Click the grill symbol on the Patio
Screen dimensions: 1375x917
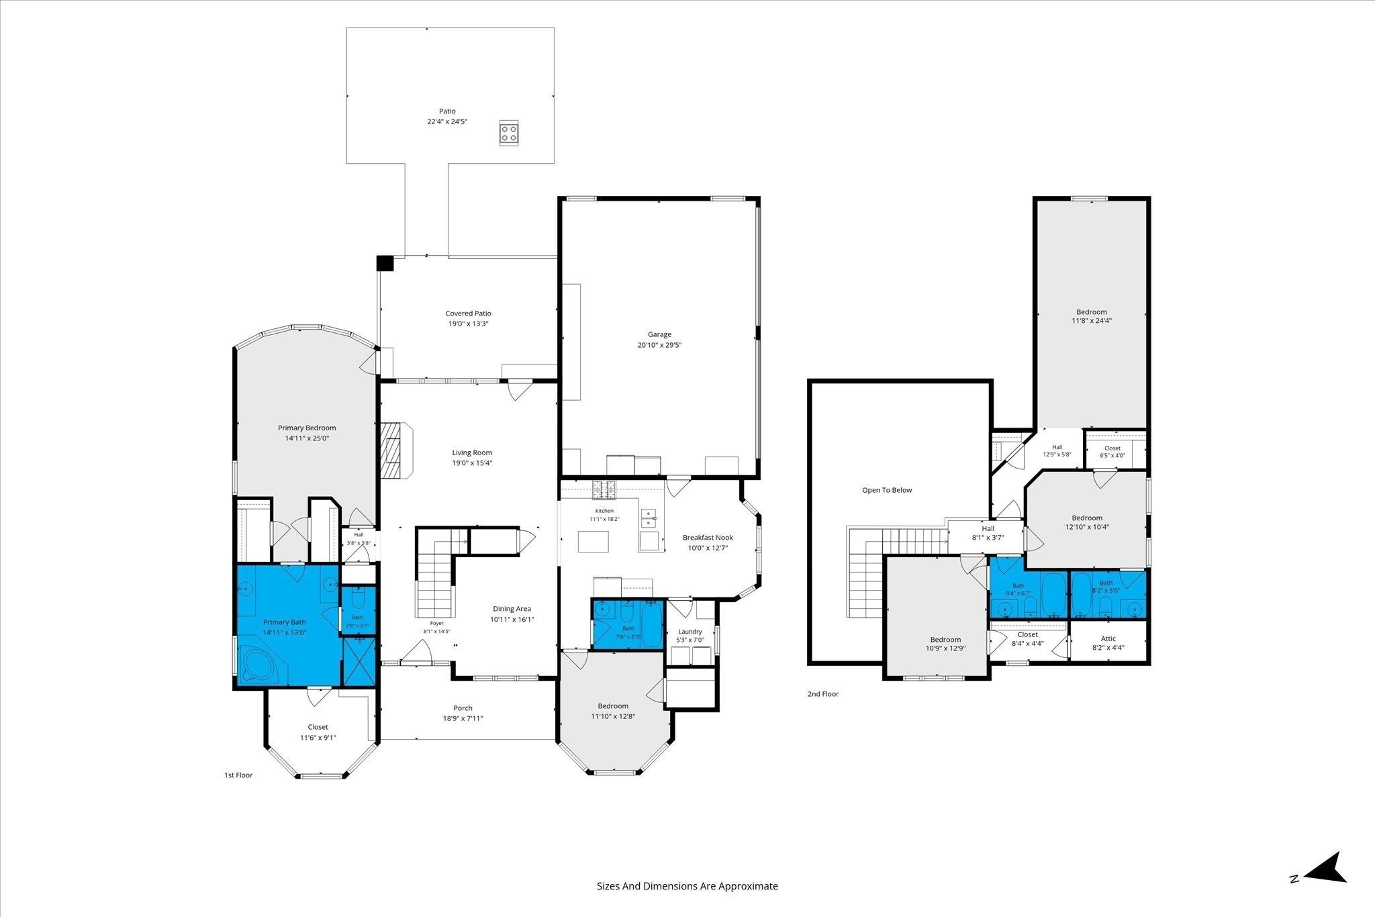point(508,132)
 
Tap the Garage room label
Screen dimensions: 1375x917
point(659,334)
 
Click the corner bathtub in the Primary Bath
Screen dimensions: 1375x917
point(263,665)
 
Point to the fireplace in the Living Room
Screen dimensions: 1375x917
point(396,450)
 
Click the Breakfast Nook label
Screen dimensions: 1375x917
point(708,537)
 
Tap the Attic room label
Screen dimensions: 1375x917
point(1108,638)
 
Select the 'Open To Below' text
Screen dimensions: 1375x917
point(887,490)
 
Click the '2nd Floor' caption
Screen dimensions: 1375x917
point(823,694)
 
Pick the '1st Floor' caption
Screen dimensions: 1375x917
point(238,775)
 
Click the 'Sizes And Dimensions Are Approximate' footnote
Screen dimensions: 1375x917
point(687,886)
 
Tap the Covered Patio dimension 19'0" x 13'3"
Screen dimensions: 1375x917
point(469,324)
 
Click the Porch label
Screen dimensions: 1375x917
point(463,708)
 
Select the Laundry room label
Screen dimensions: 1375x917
point(690,631)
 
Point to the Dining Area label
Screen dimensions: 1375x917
point(512,609)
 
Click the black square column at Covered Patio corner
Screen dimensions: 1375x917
point(385,262)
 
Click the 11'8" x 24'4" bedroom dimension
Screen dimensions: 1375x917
point(1091,321)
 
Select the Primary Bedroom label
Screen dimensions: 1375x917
point(307,428)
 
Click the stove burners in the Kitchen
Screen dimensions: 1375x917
point(604,490)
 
